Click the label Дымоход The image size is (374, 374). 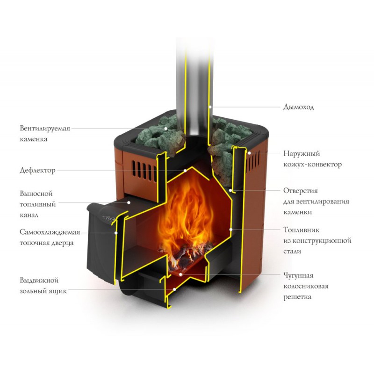(299, 107)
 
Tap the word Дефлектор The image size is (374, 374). (37, 171)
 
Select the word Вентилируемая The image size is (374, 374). (45, 128)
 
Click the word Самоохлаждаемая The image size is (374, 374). (50, 232)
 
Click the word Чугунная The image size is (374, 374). (298, 275)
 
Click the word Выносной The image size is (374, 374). (36, 194)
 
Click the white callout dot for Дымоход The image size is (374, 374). (211, 107)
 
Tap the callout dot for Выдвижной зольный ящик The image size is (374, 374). (174, 290)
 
